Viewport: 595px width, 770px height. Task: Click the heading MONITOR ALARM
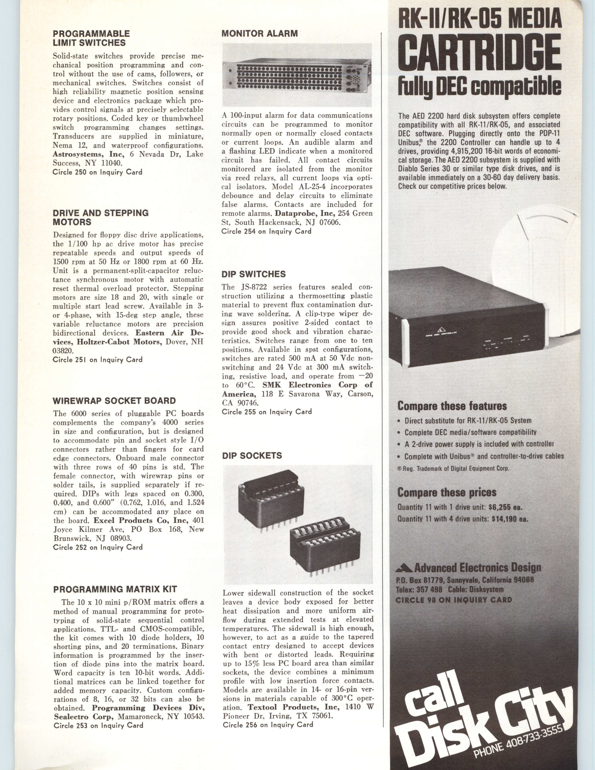point(259,34)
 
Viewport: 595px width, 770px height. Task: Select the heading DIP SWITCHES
point(253,274)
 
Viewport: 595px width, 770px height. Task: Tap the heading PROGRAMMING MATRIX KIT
point(115,589)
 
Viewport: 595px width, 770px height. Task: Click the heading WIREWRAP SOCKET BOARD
point(114,401)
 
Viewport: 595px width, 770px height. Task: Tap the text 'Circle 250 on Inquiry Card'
point(97,172)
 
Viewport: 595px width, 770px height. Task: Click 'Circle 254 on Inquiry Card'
point(266,231)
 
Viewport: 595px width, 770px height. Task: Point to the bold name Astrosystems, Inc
point(88,154)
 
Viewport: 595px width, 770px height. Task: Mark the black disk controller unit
point(469,319)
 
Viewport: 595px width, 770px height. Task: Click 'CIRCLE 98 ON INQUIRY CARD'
point(453,600)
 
